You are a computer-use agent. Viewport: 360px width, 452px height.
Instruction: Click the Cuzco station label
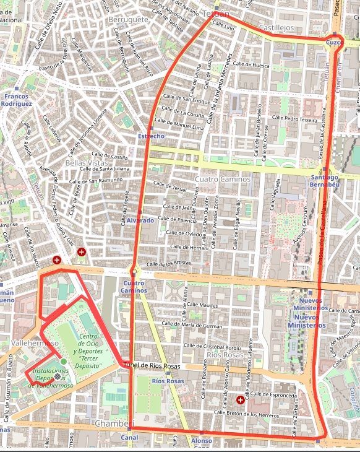tap(333, 42)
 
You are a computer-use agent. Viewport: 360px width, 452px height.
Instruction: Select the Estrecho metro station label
tap(151, 136)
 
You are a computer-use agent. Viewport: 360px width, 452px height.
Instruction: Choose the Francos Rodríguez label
tap(16, 100)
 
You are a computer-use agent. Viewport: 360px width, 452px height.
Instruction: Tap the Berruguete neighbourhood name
tap(128, 20)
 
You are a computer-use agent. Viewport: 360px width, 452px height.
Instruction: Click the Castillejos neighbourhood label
tap(275, 28)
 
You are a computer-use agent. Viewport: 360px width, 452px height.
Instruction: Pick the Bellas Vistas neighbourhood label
tap(87, 163)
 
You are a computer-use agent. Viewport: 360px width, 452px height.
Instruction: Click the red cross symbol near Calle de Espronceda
tap(240, 400)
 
